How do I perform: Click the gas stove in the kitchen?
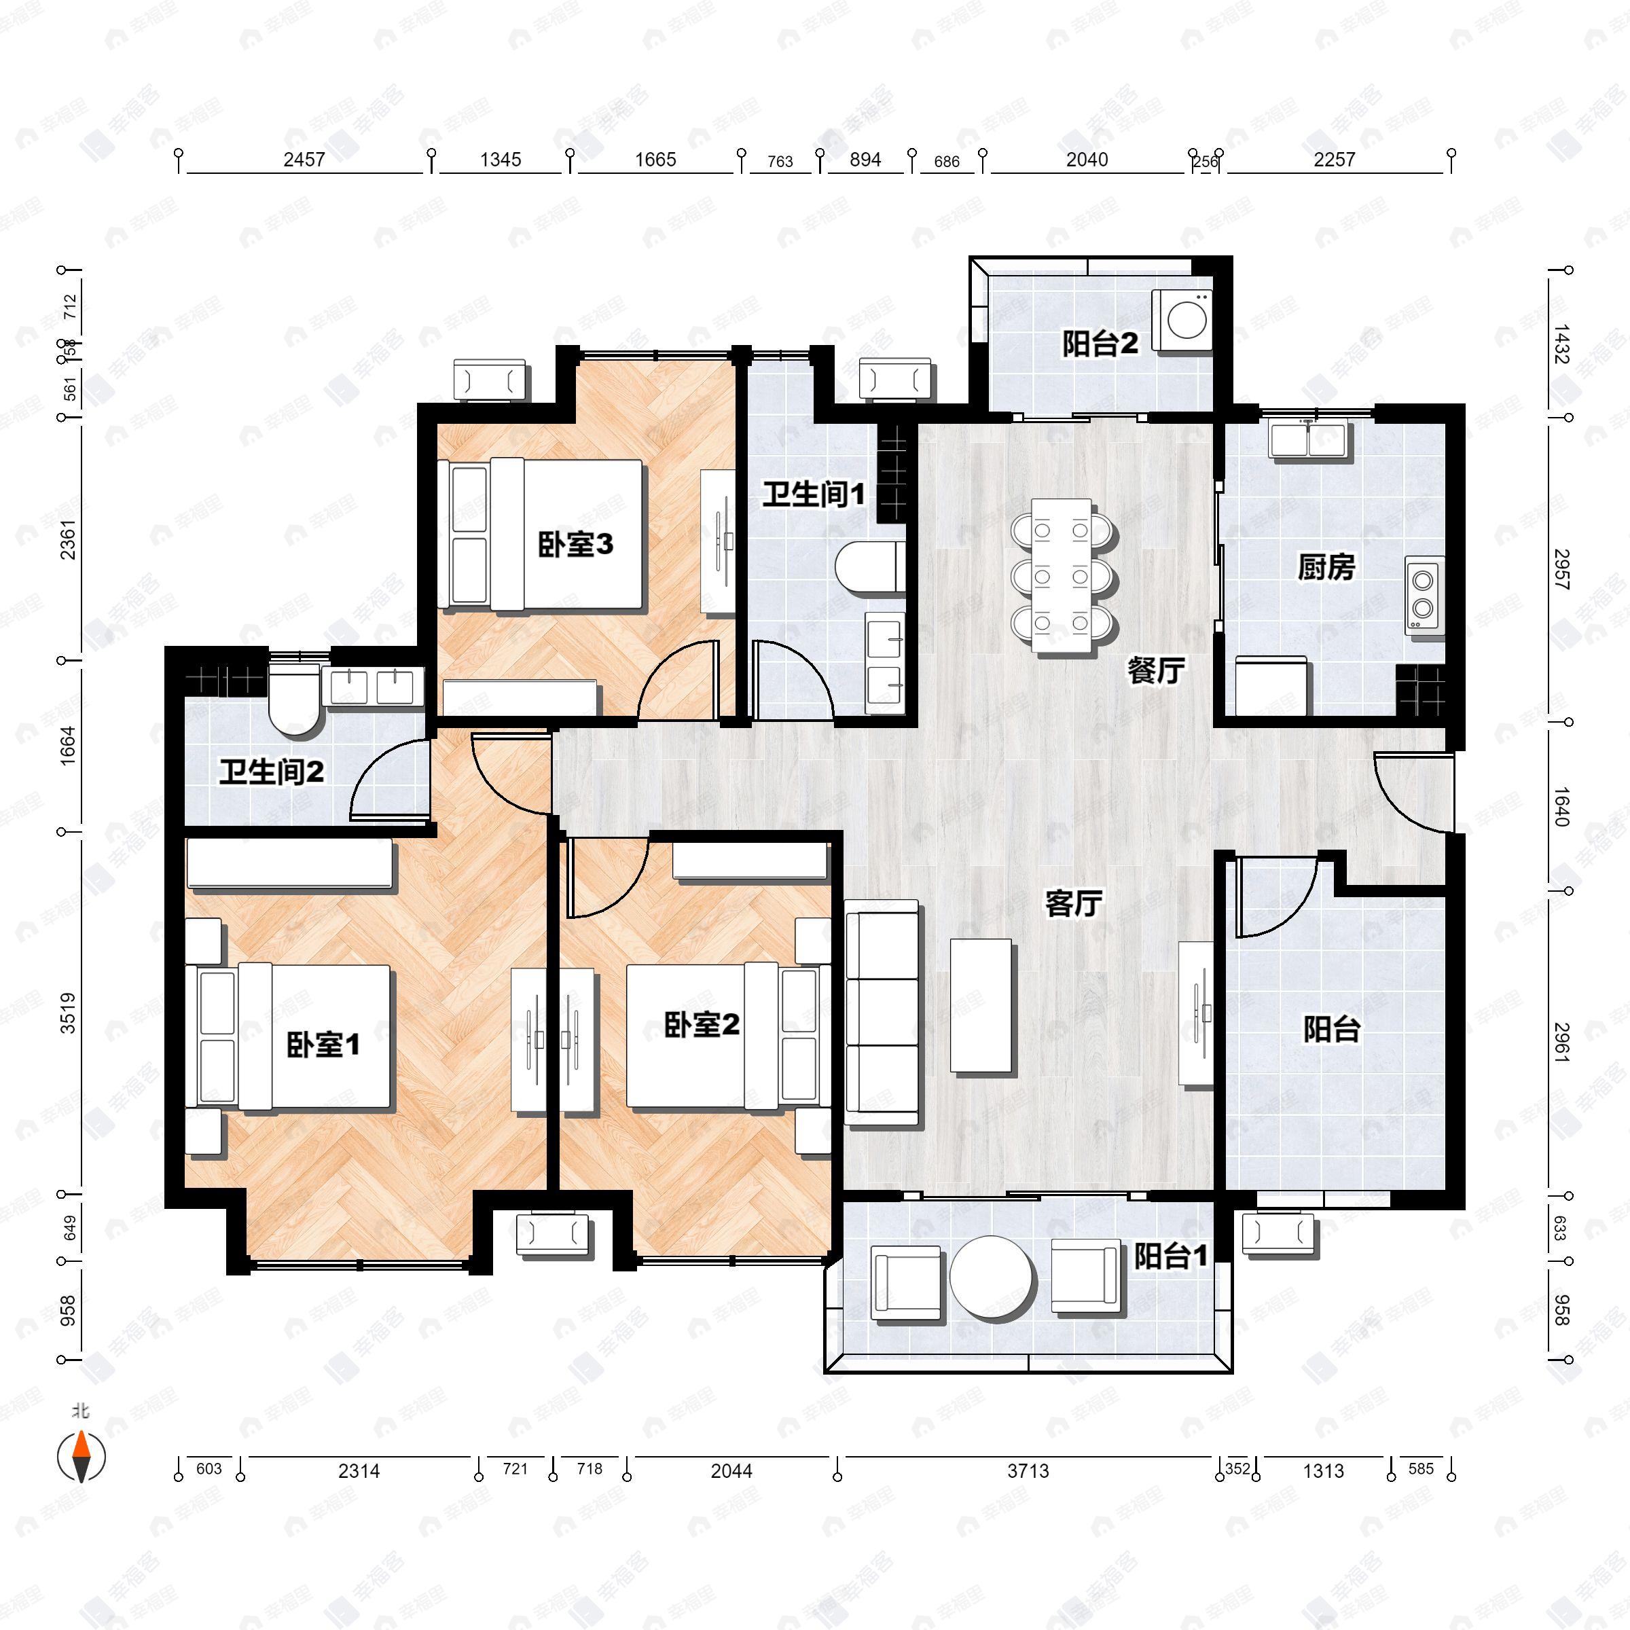(x=1424, y=595)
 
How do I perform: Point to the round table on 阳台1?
(x=992, y=1278)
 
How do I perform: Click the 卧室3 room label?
(x=575, y=544)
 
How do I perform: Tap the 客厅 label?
(x=1073, y=903)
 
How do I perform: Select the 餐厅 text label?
(x=1156, y=671)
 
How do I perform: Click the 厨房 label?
(x=1326, y=567)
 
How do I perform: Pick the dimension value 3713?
(x=1028, y=1471)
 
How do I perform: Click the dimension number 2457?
(x=304, y=160)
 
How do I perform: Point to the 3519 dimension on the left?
(x=67, y=1013)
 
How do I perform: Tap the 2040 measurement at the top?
(x=1087, y=160)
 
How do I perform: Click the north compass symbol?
(x=81, y=1456)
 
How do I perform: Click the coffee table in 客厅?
(x=981, y=1006)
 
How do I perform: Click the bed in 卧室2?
(x=721, y=1036)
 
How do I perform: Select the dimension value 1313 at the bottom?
(x=1323, y=1471)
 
